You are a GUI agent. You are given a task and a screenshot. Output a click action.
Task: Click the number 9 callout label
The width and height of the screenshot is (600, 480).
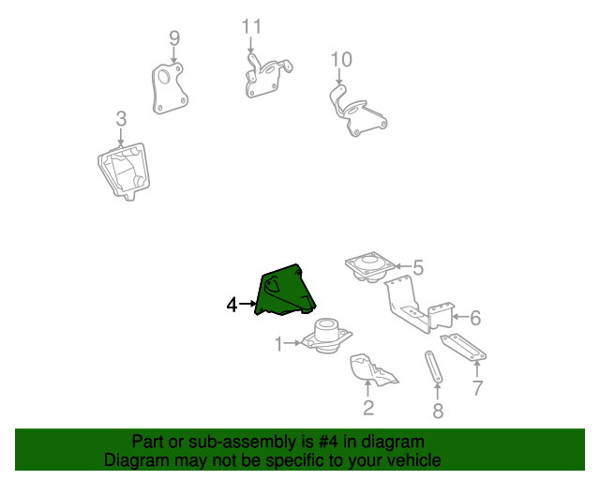click(x=173, y=38)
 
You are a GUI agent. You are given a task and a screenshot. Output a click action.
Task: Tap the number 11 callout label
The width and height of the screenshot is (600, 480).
click(x=250, y=26)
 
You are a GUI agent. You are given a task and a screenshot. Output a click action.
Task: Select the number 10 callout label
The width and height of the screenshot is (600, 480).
click(x=341, y=60)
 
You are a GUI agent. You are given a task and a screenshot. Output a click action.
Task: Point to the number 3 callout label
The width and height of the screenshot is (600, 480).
click(x=121, y=119)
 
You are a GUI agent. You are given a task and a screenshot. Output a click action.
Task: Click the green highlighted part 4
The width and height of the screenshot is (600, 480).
click(x=283, y=292)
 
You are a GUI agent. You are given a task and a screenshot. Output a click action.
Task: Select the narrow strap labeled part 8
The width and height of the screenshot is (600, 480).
click(x=433, y=367)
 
